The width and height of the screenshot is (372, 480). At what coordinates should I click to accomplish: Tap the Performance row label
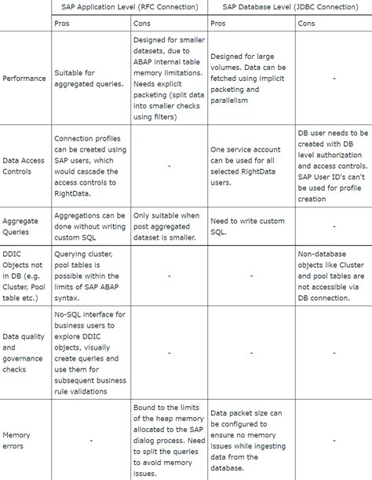pyautogui.click(x=24, y=78)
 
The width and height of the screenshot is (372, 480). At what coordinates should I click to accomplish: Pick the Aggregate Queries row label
pyautogui.click(x=20, y=226)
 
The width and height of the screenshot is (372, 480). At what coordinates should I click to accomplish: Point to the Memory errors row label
pyautogui.click(x=16, y=440)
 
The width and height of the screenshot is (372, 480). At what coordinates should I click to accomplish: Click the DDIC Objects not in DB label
pyautogui.click(x=24, y=276)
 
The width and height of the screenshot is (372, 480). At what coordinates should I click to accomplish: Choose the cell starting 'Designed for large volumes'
pyautogui.click(x=250, y=78)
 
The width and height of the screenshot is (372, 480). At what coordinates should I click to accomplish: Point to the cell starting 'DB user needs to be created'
pyautogui.click(x=333, y=166)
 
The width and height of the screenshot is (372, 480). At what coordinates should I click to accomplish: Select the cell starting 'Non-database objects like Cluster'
pyautogui.click(x=333, y=276)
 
